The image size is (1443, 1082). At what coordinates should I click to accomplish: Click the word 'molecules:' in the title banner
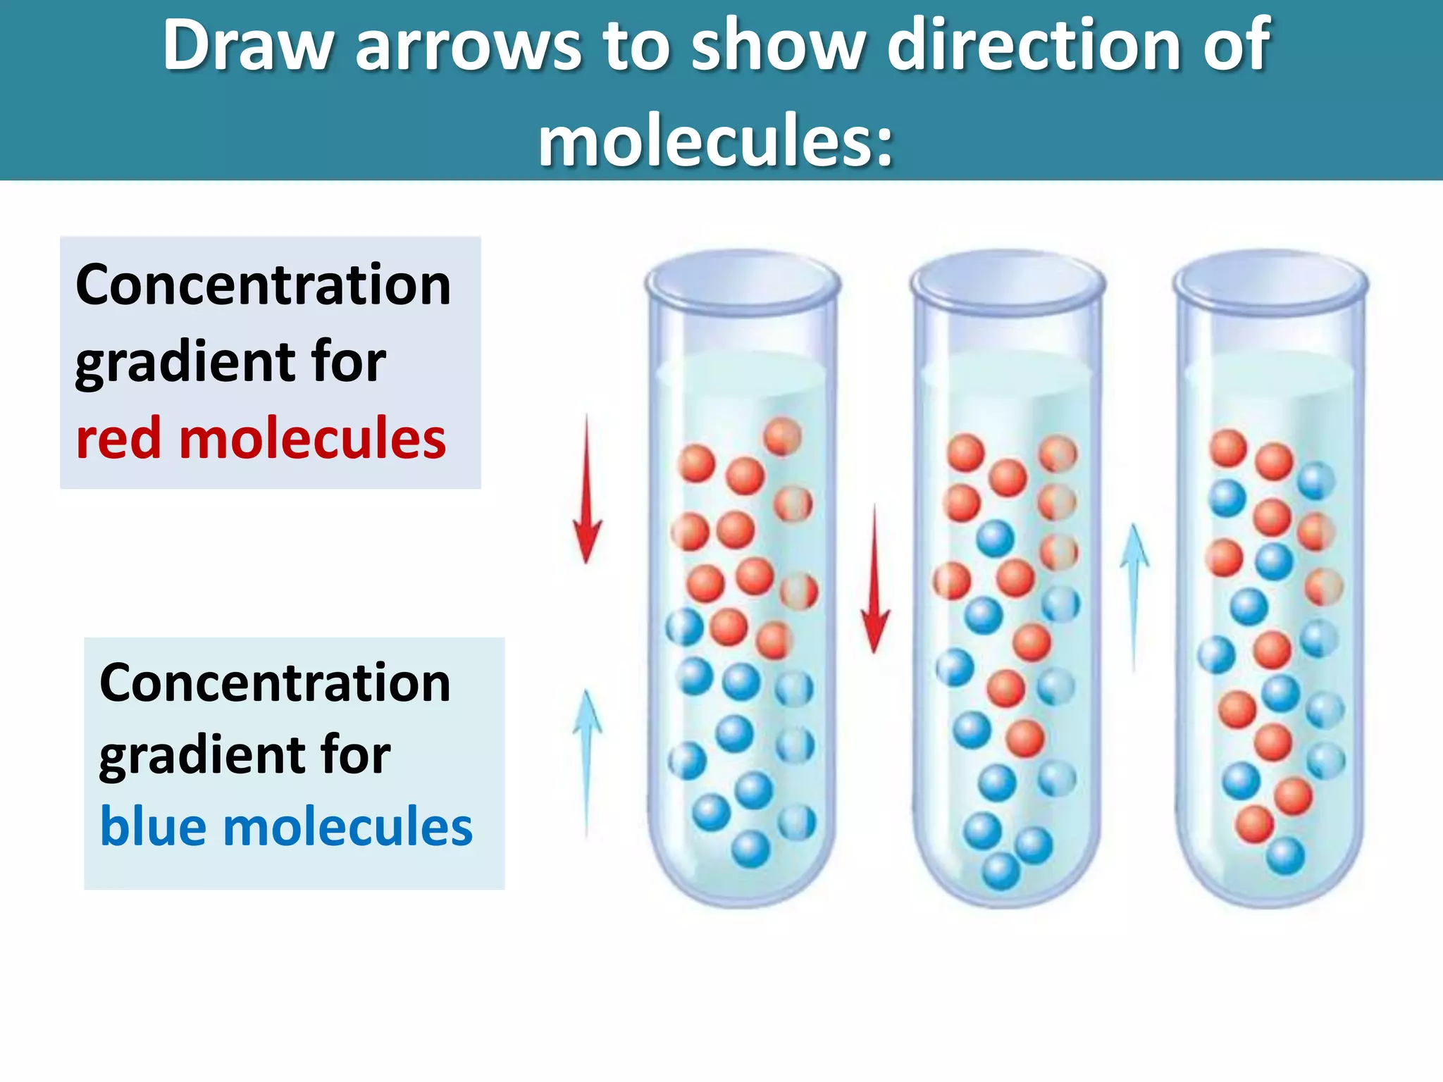716,141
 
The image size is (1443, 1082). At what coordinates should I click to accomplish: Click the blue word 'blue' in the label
154,826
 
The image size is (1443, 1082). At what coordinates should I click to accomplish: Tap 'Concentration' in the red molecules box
263,285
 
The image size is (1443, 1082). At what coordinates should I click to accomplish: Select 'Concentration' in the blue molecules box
275,683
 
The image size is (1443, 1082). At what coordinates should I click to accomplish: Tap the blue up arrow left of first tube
587,761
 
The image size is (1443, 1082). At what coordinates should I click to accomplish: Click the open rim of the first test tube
743,281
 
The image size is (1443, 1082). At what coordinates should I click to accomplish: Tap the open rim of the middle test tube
1008,281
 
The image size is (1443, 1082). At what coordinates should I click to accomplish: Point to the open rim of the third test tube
1271,281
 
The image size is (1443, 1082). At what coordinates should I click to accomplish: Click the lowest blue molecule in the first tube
751,849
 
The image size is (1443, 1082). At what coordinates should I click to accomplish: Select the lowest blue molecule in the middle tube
1001,871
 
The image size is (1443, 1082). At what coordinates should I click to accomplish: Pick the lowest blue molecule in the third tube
1286,856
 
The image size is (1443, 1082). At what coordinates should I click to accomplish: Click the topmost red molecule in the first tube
783,437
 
